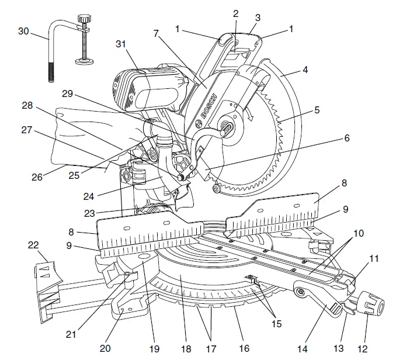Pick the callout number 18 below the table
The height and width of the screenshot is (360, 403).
tap(186, 349)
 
